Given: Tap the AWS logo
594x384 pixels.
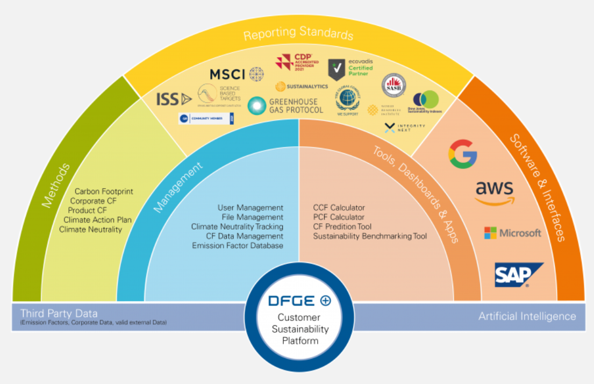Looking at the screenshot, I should click(495, 193).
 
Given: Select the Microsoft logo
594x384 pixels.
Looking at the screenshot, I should click(513, 233).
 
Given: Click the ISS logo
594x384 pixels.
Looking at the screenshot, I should click(174, 99).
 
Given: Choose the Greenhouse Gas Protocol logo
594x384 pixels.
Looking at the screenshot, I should click(286, 105).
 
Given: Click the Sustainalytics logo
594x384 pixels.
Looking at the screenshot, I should click(302, 86).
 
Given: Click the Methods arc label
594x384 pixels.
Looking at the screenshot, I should click(55, 186).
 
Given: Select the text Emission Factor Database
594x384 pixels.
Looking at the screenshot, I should click(238, 246).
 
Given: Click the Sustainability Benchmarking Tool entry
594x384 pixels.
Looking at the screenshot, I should click(370, 236).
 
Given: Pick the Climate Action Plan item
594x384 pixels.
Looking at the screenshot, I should click(97, 220).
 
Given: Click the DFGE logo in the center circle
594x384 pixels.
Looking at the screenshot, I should click(299, 301).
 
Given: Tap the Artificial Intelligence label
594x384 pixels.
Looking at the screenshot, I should click(527, 316).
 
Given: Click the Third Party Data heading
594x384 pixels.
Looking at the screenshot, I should click(59, 313).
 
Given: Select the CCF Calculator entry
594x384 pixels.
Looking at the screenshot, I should click(339, 208).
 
